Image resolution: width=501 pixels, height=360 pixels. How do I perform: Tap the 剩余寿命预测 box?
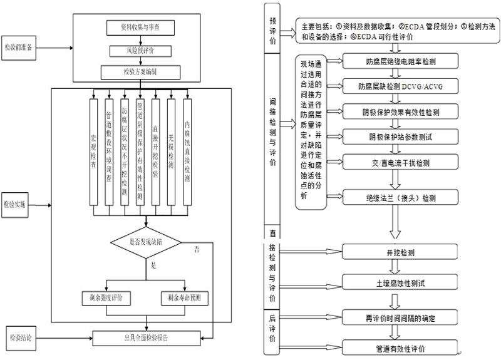[185, 298]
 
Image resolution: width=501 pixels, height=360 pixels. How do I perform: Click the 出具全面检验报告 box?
[145, 337]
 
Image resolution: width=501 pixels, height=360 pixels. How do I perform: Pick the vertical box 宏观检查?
[94, 150]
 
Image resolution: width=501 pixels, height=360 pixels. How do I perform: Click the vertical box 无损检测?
[171, 150]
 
